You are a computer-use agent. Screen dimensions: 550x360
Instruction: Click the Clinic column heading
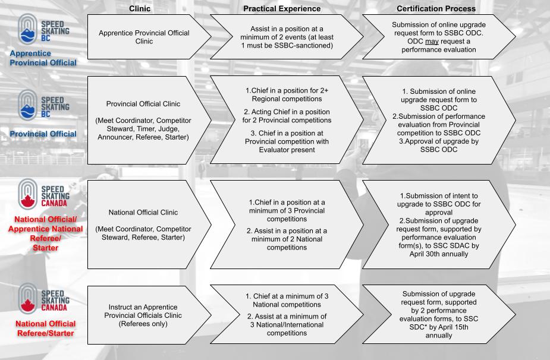point(140,8)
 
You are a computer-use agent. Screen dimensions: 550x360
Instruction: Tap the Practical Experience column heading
point(282,8)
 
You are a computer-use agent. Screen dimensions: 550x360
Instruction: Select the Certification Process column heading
point(436,8)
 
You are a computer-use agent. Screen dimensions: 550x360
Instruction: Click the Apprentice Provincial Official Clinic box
point(149,37)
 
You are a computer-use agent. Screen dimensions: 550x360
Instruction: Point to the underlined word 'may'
point(432,42)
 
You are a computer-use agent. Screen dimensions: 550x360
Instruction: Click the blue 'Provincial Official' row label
point(43,134)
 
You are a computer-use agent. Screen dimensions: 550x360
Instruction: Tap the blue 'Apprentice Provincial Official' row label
point(43,58)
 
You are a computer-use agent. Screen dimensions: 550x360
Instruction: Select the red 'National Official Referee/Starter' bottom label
point(46,329)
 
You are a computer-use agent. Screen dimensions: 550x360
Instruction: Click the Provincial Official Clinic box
point(149,120)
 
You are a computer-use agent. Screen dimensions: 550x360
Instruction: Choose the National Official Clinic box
point(149,225)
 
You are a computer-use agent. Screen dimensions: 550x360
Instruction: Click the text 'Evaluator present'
point(287,150)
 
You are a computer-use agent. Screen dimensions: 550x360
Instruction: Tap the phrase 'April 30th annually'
point(438,254)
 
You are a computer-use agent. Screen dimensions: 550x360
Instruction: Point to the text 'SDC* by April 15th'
point(438,327)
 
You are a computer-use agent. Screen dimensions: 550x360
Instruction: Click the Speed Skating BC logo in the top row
point(43,29)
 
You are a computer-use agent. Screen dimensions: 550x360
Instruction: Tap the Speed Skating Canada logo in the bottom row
point(43,299)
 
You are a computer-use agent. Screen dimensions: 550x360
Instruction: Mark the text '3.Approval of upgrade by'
point(438,141)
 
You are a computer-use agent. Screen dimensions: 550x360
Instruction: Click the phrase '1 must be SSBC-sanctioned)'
point(287,46)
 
